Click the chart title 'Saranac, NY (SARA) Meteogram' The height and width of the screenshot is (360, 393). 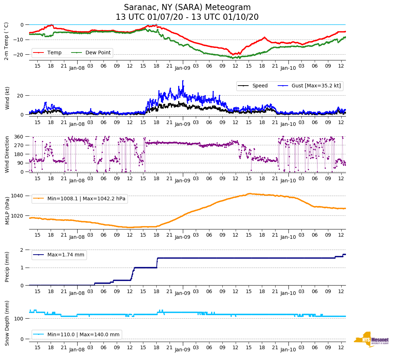point(187,8)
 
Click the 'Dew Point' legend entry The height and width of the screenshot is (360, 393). point(98,53)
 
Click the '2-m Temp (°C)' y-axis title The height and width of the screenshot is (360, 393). point(6,41)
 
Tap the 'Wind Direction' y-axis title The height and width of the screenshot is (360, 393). point(7,154)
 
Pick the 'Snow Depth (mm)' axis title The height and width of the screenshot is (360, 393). point(7,323)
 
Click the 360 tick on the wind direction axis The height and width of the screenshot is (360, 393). point(19,137)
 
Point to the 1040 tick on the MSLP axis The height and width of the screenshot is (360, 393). point(17,196)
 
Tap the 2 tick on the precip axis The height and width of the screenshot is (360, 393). point(22,250)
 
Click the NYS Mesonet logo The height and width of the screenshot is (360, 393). point(371,340)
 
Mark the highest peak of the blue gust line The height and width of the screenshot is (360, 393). point(183,81)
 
